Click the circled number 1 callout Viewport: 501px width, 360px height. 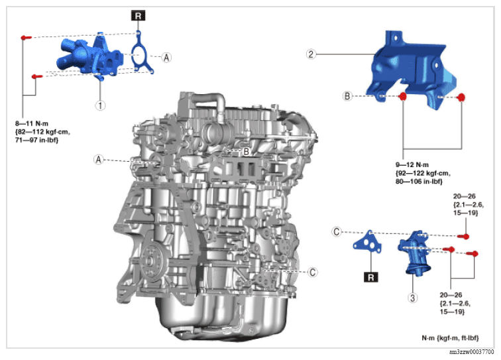[x=100, y=105]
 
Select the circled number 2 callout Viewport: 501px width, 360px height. [x=311, y=54]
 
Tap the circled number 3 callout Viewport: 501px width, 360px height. [x=412, y=298]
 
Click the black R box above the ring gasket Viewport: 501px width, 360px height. [x=138, y=15]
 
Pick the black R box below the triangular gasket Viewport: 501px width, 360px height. [x=370, y=277]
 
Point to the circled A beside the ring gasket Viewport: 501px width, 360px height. [x=166, y=58]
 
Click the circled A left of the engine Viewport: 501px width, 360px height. [x=98, y=159]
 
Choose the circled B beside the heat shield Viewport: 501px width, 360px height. [x=347, y=96]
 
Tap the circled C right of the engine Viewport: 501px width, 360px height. [x=312, y=272]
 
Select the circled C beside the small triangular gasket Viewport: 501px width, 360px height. [x=336, y=231]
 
